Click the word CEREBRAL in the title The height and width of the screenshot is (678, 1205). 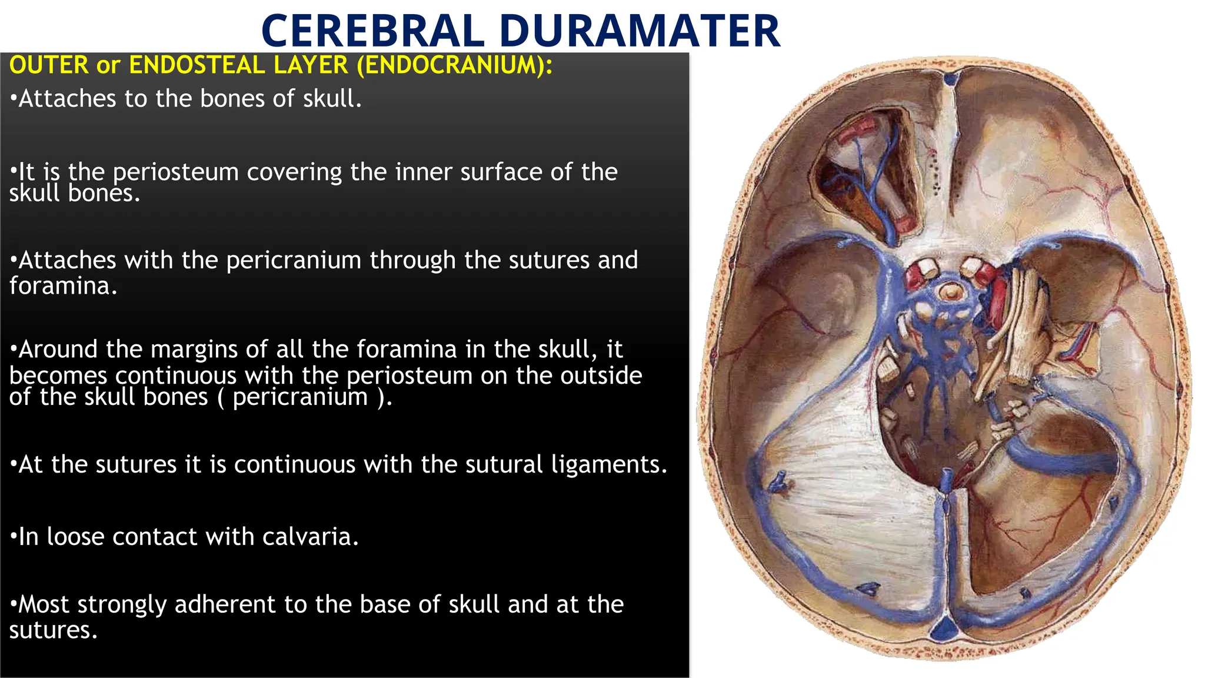pyautogui.click(x=372, y=31)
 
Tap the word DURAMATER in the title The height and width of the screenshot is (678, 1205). pyautogui.click(x=640, y=31)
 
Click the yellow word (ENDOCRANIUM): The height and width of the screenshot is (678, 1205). pyautogui.click(x=455, y=65)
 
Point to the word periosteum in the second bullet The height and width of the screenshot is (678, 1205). pyautogui.click(x=175, y=172)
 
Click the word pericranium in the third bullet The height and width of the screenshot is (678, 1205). pyautogui.click(x=294, y=260)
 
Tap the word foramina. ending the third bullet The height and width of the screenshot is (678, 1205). pyautogui.click(x=63, y=286)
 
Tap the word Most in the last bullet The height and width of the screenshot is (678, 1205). pyautogui.click(x=44, y=604)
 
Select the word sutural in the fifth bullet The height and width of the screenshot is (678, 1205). pyautogui.click(x=504, y=465)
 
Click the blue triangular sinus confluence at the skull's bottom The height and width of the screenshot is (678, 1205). pyautogui.click(x=946, y=629)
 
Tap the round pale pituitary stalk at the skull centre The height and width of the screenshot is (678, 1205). pyautogui.click(x=951, y=291)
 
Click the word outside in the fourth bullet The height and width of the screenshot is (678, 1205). pyautogui.click(x=601, y=376)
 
